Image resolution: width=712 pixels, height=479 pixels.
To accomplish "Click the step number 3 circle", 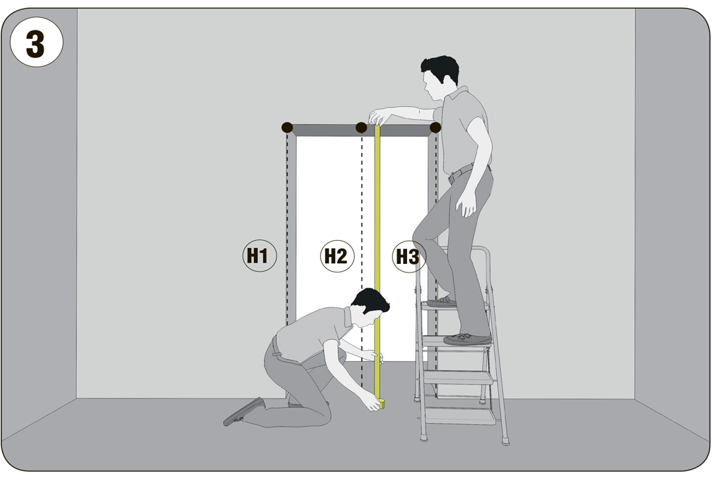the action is coord(36,42).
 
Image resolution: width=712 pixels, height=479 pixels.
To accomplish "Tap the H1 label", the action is coord(259,255).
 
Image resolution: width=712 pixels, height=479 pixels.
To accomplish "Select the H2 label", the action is coord(337,256).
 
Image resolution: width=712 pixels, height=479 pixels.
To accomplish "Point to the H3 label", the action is coord(408,257).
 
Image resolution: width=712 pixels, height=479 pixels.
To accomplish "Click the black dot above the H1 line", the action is coord(287,127).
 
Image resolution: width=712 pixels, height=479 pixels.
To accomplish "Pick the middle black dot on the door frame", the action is coord(361,127).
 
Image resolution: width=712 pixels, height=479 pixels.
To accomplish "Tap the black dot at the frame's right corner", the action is coord(435,127).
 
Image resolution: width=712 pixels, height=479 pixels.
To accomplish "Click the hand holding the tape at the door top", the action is coord(380,117).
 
